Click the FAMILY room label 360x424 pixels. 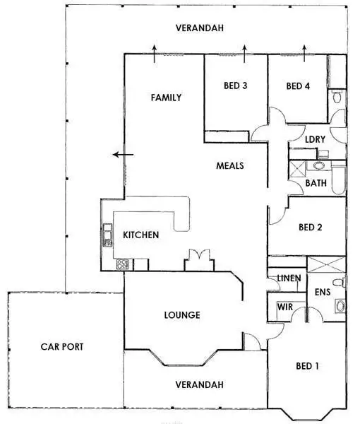(167, 98)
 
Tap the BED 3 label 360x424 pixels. (235, 87)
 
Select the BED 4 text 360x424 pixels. (298, 87)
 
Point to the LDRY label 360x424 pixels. (314, 139)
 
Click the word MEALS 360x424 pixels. (229, 166)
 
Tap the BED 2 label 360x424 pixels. (311, 228)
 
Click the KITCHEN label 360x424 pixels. (140, 235)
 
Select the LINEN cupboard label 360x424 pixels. (289, 278)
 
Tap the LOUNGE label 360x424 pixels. (182, 315)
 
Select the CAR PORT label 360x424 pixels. (62, 347)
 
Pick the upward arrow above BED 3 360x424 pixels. (244, 50)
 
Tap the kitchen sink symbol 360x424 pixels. (107, 234)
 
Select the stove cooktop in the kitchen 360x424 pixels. (121, 265)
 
